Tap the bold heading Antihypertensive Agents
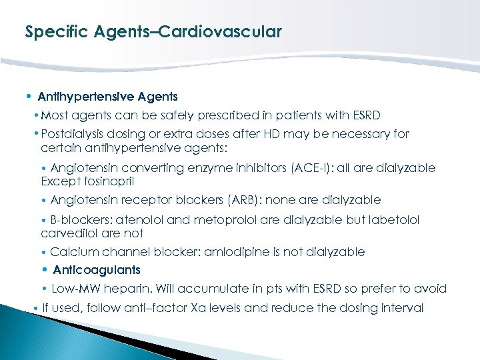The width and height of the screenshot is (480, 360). (107, 97)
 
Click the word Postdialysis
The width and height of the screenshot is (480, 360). (73, 134)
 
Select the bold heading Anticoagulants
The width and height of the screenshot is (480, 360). (96, 270)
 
